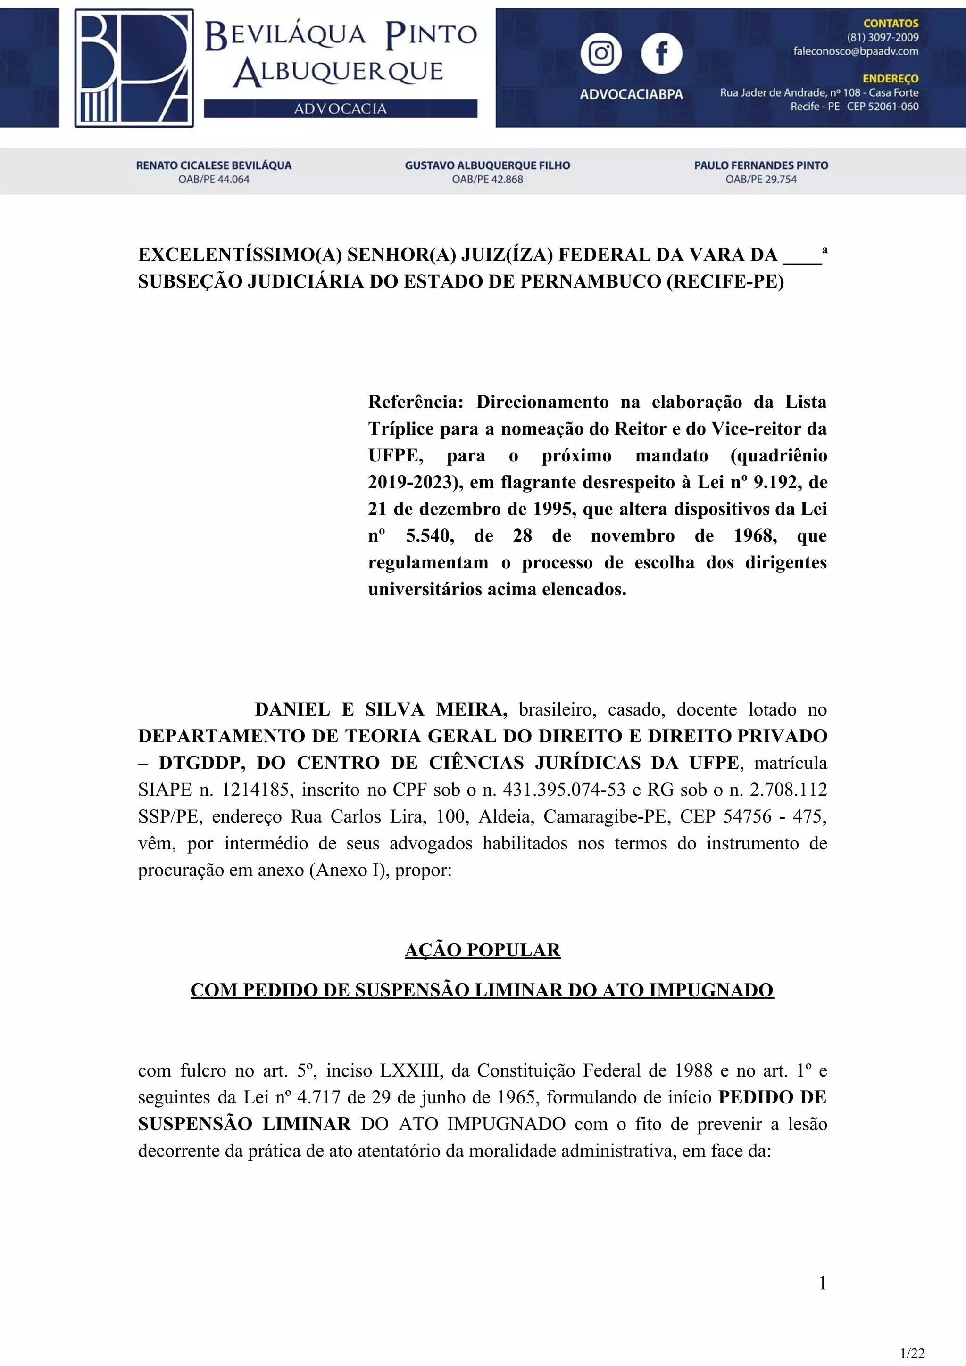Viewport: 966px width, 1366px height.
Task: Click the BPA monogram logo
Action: (x=134, y=68)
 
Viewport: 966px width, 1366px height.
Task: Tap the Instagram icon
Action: (x=601, y=54)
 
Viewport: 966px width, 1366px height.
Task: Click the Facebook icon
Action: (x=661, y=54)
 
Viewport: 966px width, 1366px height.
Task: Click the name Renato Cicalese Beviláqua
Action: (x=214, y=165)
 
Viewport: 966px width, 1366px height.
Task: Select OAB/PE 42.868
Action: (x=487, y=179)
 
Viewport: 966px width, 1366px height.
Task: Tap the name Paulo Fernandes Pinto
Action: (x=761, y=165)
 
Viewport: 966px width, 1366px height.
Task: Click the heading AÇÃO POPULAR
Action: (x=483, y=950)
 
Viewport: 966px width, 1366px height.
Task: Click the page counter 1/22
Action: (x=912, y=1353)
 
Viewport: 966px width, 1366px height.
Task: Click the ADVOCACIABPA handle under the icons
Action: (x=631, y=94)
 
